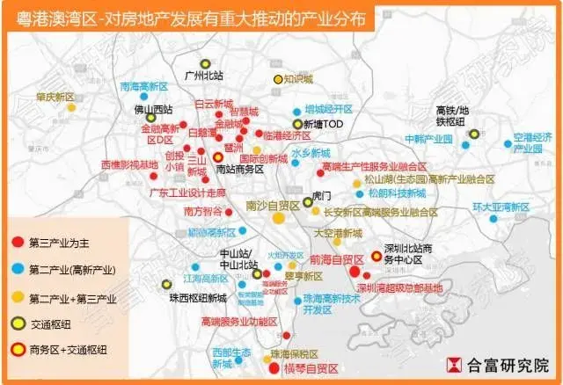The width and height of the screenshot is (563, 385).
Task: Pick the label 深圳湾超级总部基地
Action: pyautogui.click(x=400, y=287)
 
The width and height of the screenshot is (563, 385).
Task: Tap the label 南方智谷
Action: pyautogui.click(x=204, y=211)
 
